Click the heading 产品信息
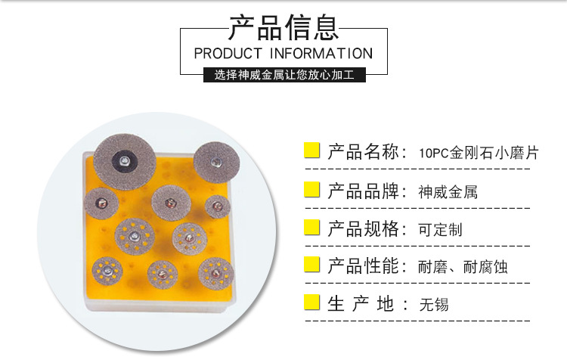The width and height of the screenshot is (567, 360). point(283,27)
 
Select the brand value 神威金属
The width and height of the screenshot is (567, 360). point(448,191)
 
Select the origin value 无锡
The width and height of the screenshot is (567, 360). point(434,305)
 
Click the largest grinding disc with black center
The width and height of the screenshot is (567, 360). point(124,158)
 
